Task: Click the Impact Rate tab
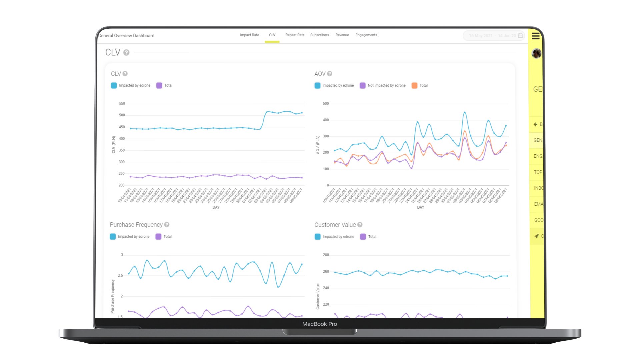[x=249, y=35]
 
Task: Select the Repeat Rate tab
[x=295, y=35]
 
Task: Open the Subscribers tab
[x=319, y=35]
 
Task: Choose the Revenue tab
[x=342, y=35]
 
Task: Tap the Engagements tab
[x=366, y=35]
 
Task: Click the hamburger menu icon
[x=536, y=36]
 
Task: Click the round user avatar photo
[x=536, y=53]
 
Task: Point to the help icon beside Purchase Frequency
[x=167, y=225]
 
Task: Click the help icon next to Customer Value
[x=360, y=225]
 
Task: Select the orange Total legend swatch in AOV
[x=414, y=86]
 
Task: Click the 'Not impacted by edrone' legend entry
[x=386, y=86]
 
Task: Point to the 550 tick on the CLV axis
[x=122, y=104]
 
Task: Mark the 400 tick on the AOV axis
[x=326, y=120]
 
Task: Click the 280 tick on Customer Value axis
[x=326, y=255]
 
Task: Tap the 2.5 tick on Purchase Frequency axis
[x=120, y=275]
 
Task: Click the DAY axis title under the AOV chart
[x=421, y=207]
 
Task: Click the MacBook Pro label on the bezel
[x=319, y=324]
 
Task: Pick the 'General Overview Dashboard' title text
[x=126, y=36]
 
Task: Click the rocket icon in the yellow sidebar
[x=536, y=236]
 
